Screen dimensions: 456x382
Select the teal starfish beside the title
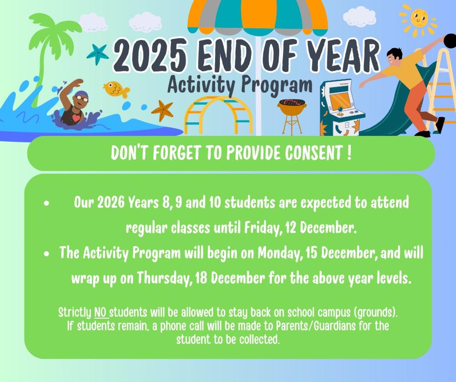point(98,55)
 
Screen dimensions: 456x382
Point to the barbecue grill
point(292,116)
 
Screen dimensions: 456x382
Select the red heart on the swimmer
point(76,118)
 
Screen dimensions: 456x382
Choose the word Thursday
point(164,278)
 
